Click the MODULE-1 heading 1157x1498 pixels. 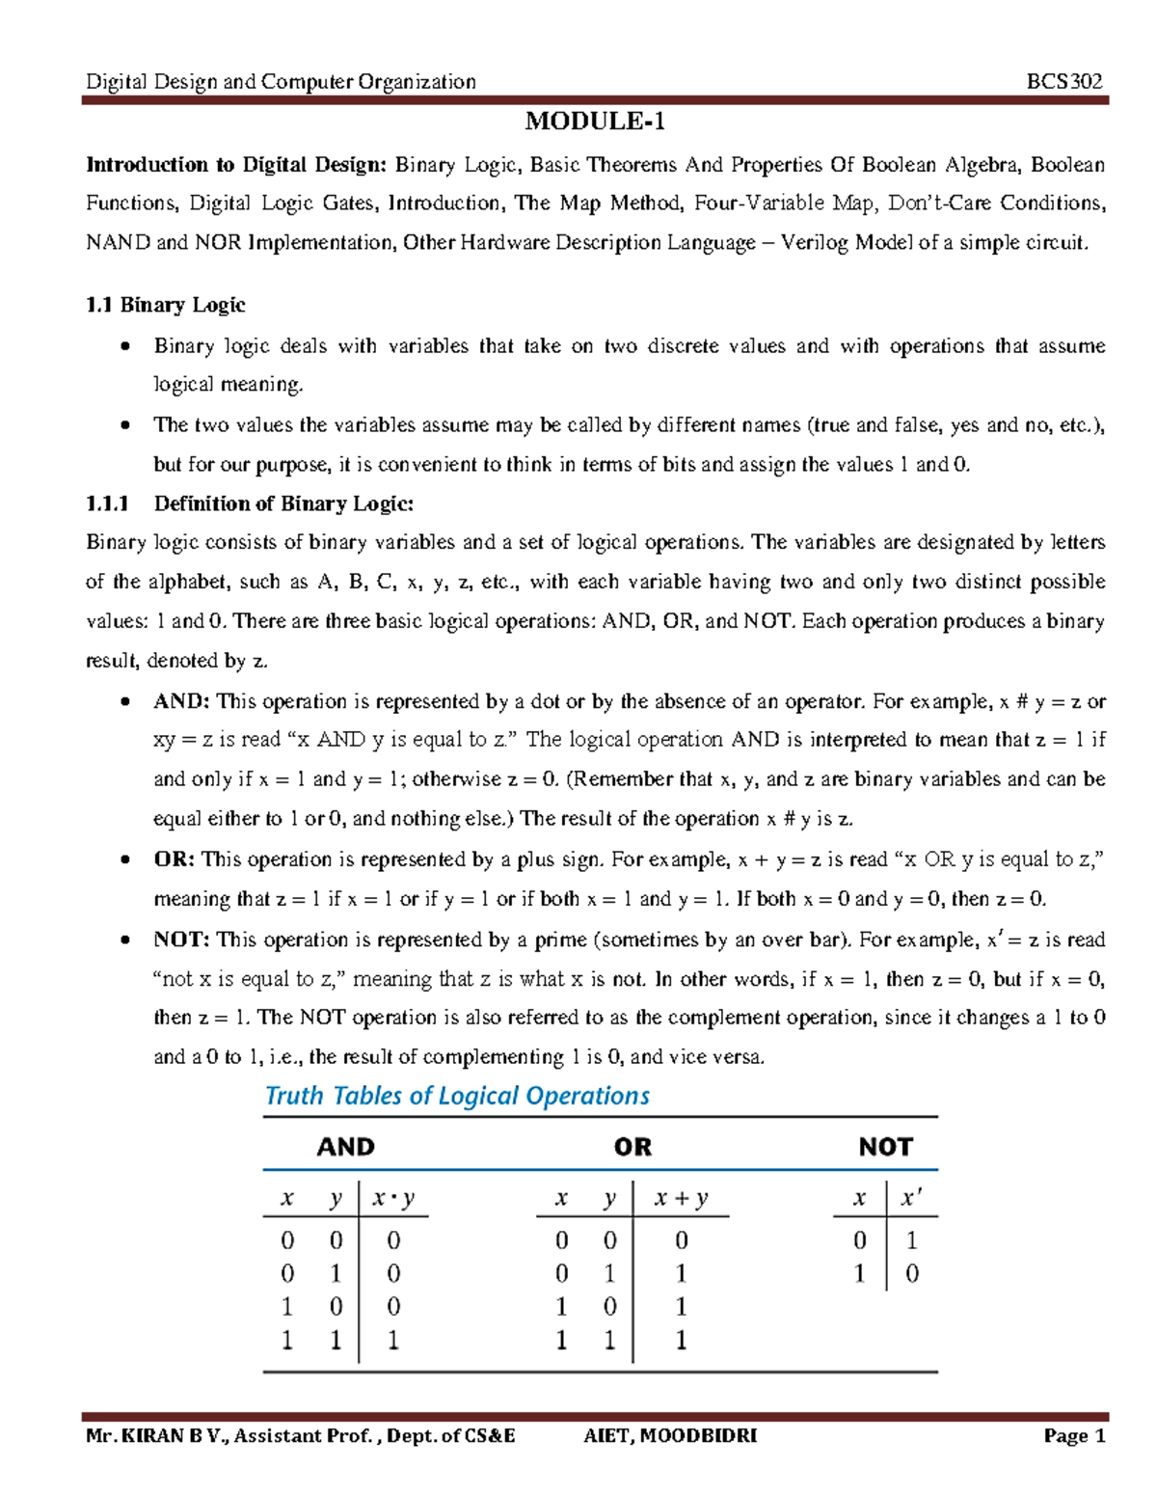tap(594, 122)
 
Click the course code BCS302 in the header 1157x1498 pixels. tap(1064, 81)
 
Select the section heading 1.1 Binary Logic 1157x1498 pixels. tap(165, 305)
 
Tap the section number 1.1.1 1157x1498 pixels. tap(107, 504)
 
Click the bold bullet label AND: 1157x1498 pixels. tap(181, 701)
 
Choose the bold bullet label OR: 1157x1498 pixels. tap(175, 859)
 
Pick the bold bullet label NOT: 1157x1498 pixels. tap(181, 940)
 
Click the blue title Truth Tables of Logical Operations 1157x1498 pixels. tap(457, 1096)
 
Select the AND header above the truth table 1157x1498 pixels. tap(345, 1147)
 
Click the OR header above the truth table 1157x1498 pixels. tap(632, 1147)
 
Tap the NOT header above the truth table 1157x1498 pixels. tap(885, 1147)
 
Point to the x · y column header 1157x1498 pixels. tap(393, 1198)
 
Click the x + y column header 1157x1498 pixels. tap(681, 1198)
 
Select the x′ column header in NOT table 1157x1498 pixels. tap(911, 1198)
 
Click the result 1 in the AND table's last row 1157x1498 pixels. tap(393, 1340)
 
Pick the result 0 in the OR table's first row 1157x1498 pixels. tap(682, 1240)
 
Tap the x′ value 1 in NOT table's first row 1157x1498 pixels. tap(912, 1240)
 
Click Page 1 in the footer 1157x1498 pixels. tap(1074, 1436)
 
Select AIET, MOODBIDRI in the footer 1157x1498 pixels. tap(670, 1436)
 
